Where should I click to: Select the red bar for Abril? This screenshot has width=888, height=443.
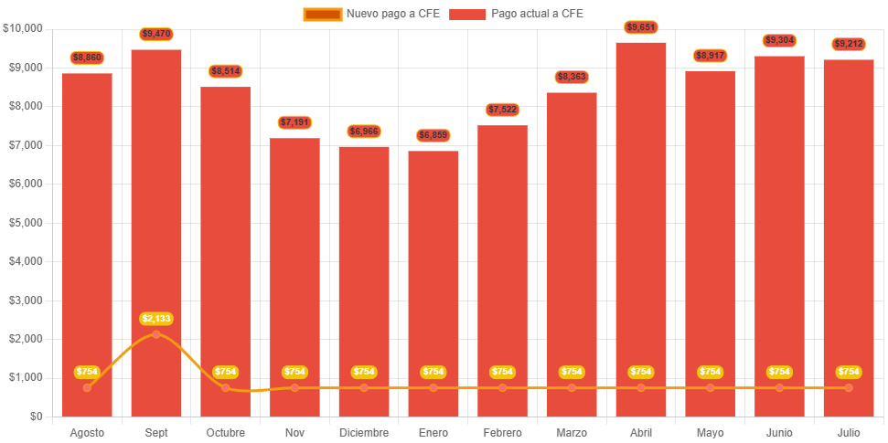[x=641, y=228]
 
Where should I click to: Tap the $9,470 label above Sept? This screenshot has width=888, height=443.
[x=156, y=34]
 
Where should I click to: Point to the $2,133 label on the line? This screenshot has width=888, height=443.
[x=156, y=319]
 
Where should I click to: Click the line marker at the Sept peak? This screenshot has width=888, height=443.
[x=156, y=334]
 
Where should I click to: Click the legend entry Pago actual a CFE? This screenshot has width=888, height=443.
[x=516, y=14]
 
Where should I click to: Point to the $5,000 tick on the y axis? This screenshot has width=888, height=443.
[x=24, y=223]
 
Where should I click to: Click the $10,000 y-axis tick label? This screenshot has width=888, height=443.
[x=22, y=28]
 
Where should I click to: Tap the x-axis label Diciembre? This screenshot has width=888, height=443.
[x=364, y=432]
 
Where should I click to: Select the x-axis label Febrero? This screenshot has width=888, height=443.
[x=502, y=432]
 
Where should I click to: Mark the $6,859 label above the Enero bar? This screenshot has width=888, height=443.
[x=433, y=135]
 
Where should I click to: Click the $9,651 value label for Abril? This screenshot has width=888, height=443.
[x=641, y=27]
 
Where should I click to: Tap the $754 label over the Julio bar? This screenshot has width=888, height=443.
[x=849, y=372]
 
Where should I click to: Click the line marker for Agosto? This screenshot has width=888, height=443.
[x=87, y=388]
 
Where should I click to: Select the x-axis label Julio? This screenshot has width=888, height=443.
[x=849, y=432]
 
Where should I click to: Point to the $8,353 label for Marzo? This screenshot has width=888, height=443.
[x=572, y=77]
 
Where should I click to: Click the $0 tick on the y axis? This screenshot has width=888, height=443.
[x=36, y=417]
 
